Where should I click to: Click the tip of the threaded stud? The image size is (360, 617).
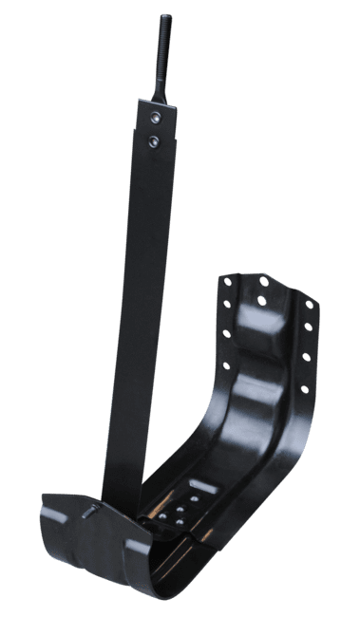[x=166, y=16]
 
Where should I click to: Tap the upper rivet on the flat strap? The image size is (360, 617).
[x=155, y=118]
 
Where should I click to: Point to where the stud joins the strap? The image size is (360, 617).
[x=161, y=95]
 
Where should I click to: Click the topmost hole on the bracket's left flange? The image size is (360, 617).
[x=226, y=281]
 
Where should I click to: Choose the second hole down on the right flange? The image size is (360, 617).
[x=309, y=328]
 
